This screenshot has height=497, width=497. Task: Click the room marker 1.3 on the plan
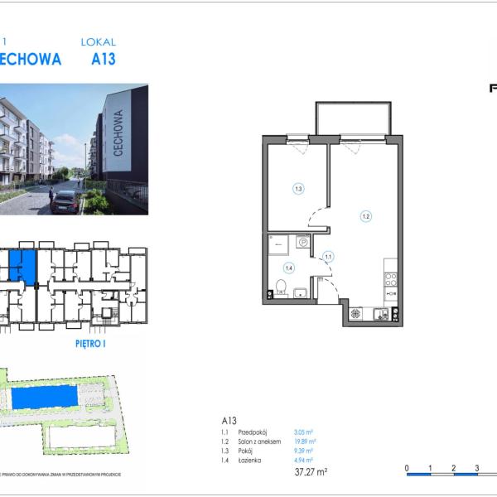[298, 189]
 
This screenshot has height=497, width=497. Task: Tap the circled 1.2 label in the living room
[365, 216]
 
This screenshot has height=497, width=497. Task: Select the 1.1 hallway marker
[328, 257]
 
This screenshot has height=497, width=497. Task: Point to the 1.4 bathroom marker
[289, 267]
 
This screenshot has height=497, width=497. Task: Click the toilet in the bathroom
[281, 288]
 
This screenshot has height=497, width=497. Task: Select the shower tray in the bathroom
[279, 244]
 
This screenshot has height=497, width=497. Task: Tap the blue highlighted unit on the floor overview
[23, 267]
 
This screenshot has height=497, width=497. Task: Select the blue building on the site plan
[46, 398]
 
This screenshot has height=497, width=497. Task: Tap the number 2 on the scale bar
[453, 468]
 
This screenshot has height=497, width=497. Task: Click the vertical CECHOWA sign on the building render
[118, 132]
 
